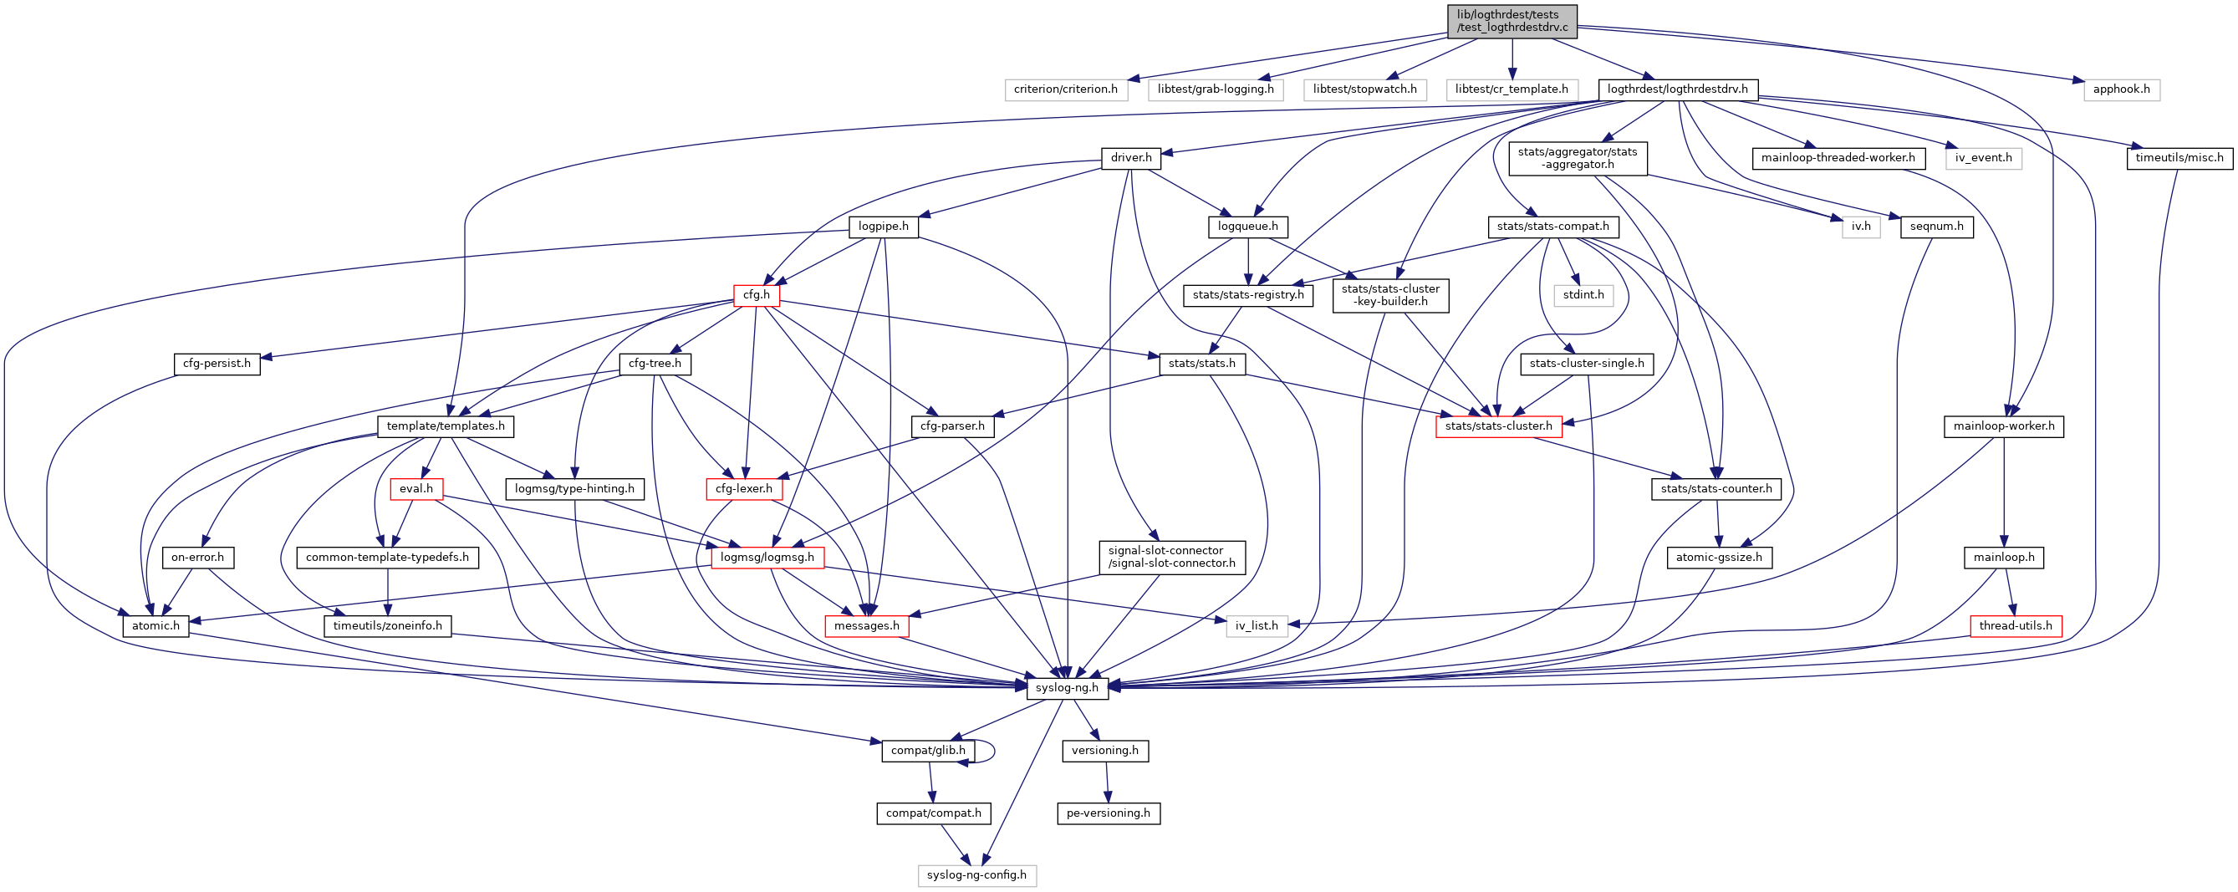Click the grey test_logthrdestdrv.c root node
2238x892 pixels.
point(1512,21)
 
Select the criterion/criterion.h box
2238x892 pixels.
point(1065,89)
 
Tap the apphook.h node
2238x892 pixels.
point(2121,89)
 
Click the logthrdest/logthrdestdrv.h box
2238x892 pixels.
point(1677,89)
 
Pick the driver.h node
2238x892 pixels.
point(1130,158)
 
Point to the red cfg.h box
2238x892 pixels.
point(756,295)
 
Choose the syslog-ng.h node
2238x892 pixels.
point(1067,688)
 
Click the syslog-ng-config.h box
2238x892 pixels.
point(976,875)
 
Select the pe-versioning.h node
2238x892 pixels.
point(1108,813)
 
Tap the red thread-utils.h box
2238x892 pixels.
point(2015,626)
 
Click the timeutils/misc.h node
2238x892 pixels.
point(2179,158)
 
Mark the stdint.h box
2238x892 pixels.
point(1583,295)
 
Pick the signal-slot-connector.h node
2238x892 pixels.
point(1171,558)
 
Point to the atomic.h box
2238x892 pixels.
point(155,626)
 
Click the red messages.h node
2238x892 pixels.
point(866,626)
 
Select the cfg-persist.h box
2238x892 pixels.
point(217,364)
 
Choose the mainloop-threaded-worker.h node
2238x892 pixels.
point(1838,158)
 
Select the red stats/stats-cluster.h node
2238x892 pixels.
point(1498,426)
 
